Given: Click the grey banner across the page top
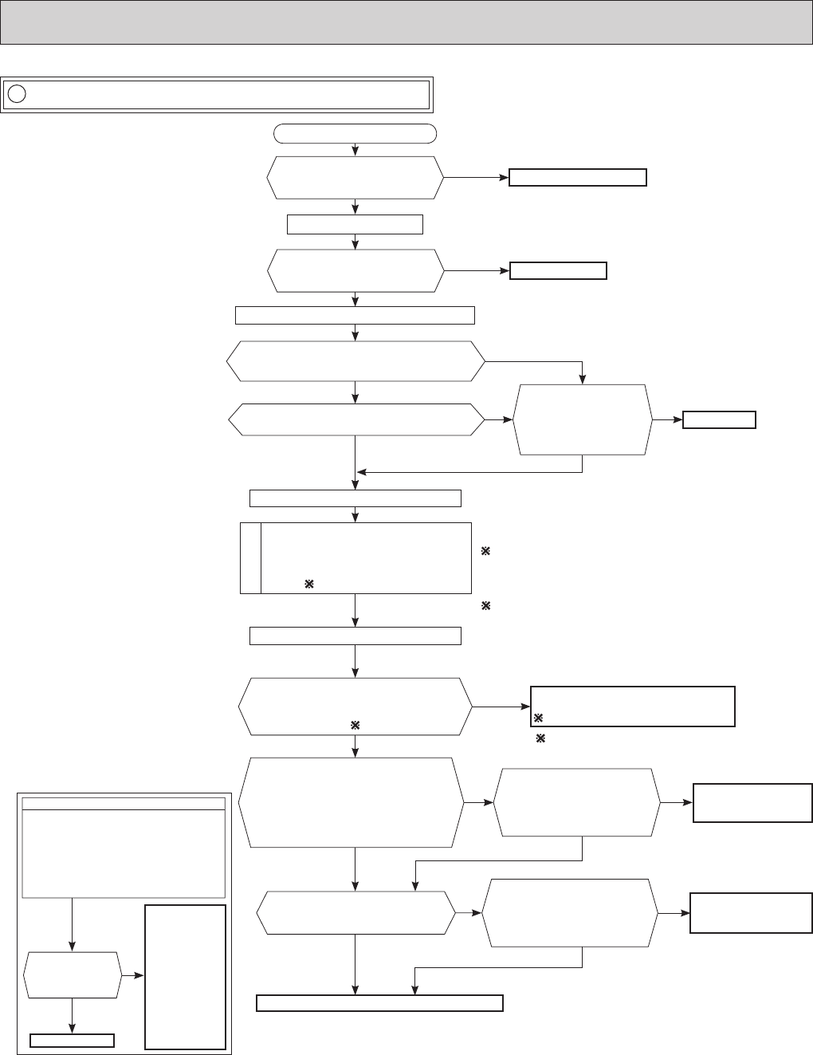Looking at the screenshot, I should coord(406,22).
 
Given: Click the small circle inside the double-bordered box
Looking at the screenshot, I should coord(17,94).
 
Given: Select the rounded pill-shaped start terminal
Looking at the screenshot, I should coord(355,133).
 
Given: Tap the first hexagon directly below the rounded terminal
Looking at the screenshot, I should coord(355,177).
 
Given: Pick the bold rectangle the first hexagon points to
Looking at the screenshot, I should coord(577,177).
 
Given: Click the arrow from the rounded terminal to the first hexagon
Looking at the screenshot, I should coord(355,149).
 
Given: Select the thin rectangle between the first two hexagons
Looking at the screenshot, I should coord(355,224).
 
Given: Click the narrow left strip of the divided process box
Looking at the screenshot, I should coord(250,558).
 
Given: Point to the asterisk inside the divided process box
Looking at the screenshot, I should coord(308,585).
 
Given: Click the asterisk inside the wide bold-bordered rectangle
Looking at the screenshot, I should coord(538,718).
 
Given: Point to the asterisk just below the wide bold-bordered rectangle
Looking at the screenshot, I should coord(540,739).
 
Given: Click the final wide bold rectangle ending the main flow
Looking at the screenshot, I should coord(379,1003).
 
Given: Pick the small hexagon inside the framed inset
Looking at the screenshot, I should coord(73,974).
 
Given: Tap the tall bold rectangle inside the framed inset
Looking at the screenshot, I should coord(186,977).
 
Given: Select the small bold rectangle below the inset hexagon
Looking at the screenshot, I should coord(73,1040).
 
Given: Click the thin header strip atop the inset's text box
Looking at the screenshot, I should coord(124,803).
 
